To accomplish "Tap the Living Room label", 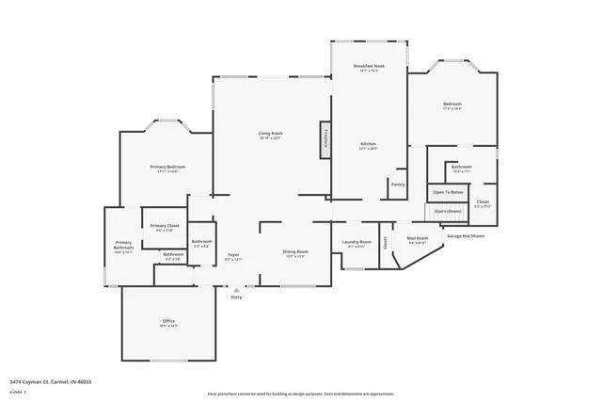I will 271,135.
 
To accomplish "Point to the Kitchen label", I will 368,145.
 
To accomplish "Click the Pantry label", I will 398,185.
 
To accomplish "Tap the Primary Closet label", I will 165,227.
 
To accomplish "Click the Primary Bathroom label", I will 123,247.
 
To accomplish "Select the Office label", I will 168,323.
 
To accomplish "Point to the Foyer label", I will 233,254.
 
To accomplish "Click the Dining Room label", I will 296,252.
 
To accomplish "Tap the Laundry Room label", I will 356,243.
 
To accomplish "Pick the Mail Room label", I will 417,239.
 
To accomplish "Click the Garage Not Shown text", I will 465,235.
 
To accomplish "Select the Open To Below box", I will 448,192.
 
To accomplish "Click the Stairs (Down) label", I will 448,211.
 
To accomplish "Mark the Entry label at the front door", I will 236,297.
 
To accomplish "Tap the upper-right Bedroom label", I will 451,105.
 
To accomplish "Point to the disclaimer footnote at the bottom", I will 301,394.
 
